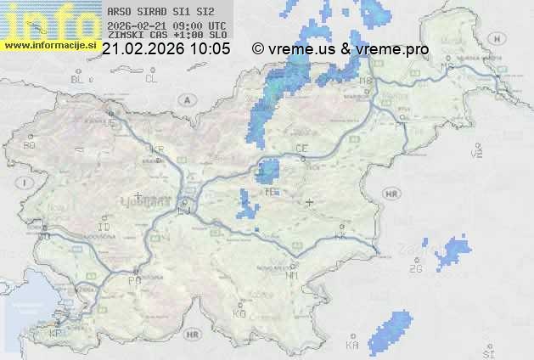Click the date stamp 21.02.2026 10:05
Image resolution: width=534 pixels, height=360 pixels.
[x=166, y=49]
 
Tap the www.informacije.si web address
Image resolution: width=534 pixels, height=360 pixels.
[x=51, y=44]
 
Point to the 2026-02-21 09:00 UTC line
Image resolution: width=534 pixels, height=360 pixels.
[x=166, y=25]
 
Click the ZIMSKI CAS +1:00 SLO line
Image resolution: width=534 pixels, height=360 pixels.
[x=166, y=35]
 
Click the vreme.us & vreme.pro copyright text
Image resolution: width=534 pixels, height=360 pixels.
[x=340, y=49]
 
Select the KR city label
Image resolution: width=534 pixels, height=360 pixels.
[x=155, y=148]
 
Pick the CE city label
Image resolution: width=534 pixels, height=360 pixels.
[x=301, y=149]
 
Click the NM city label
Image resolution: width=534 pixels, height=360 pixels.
[x=293, y=276]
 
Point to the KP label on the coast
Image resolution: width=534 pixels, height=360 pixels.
[x=56, y=334]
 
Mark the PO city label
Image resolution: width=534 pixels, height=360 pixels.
[x=133, y=280]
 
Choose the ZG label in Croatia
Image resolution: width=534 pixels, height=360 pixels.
[x=415, y=269]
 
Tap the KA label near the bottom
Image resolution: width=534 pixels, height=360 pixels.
[x=352, y=346]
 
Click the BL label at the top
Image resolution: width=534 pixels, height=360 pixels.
[x=77, y=79]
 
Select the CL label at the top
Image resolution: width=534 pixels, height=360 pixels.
[x=151, y=79]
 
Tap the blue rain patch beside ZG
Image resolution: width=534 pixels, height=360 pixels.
[x=451, y=252]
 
